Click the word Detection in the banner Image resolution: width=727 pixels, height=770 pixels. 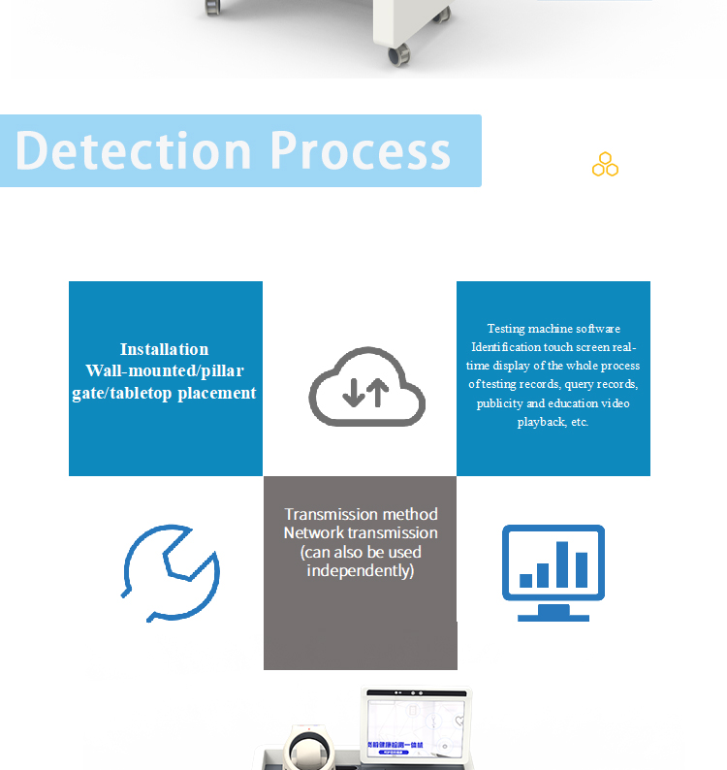pyautogui.click(x=134, y=150)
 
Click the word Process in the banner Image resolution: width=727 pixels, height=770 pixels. pyautogui.click(x=360, y=151)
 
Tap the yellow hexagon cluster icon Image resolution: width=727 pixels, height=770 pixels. pyautogui.click(x=606, y=165)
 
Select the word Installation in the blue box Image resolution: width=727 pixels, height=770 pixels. pyautogui.click(x=164, y=349)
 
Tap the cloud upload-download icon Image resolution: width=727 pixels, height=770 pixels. pyautogui.click(x=366, y=386)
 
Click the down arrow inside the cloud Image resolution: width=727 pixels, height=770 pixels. pyautogui.click(x=354, y=392)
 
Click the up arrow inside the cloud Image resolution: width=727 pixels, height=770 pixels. pyautogui.click(x=378, y=392)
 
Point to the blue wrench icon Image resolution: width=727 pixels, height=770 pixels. pyautogui.click(x=172, y=572)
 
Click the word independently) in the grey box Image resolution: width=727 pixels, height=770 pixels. pyautogui.click(x=361, y=570)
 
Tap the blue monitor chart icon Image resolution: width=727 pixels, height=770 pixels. pyautogui.click(x=553, y=572)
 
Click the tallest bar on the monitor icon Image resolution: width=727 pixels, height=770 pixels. pyautogui.click(x=562, y=564)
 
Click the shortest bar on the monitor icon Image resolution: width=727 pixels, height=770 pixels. pyautogui.click(x=526, y=580)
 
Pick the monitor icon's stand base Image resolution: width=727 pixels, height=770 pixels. pyautogui.click(x=553, y=615)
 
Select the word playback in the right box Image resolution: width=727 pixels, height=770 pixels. pyautogui.click(x=540, y=422)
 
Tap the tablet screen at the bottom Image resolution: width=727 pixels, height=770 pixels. pyautogui.click(x=416, y=723)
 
